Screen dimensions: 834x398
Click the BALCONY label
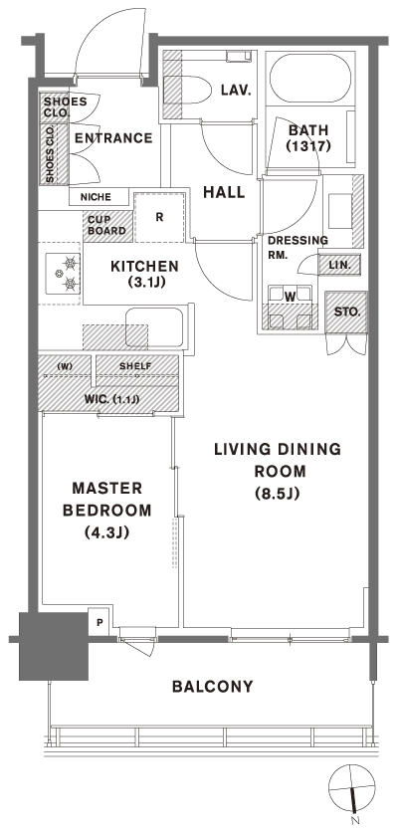tap(211, 687)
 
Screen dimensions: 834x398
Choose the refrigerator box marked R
tap(159, 214)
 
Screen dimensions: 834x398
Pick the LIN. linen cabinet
tap(334, 264)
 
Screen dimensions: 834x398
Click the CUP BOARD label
tap(106, 225)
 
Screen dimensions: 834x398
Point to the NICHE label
tap(97, 196)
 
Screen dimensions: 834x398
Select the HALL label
tap(224, 191)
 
